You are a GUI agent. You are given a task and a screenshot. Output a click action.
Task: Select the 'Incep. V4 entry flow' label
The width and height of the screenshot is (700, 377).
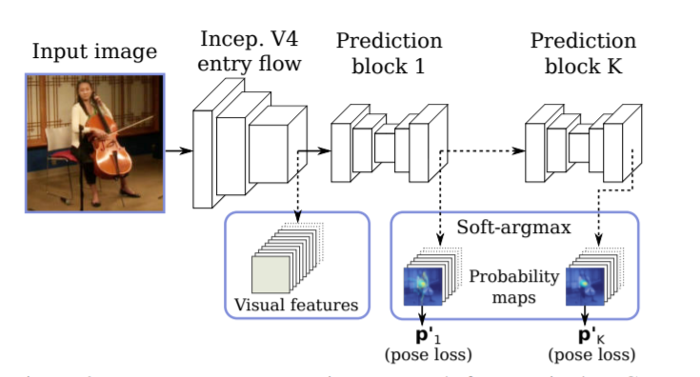coord(250,52)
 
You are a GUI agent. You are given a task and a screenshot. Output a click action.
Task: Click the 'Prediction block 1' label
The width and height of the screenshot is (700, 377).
coord(388,54)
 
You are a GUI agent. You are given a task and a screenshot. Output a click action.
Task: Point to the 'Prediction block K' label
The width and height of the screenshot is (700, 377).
coord(583,54)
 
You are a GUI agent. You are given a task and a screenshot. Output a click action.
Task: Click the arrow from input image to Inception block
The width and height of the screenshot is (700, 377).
coord(178,149)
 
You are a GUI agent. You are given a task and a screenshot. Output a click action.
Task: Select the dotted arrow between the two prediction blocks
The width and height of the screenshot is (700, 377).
coord(486,149)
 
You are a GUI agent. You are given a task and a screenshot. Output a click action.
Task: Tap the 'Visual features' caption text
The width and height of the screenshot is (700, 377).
coord(296,306)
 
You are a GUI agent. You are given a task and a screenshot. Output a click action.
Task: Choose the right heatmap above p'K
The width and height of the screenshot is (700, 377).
coord(584,285)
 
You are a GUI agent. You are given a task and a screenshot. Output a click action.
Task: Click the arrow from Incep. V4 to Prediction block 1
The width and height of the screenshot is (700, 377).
coord(319,149)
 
